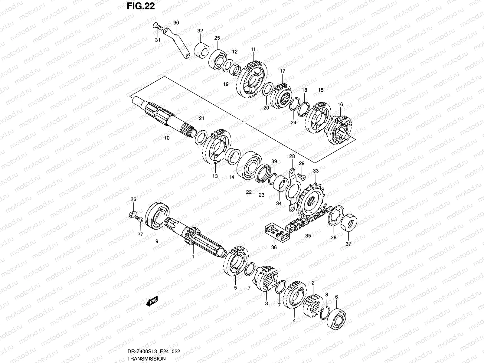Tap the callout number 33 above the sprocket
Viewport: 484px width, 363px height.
click(316, 171)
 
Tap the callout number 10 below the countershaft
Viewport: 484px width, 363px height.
click(167, 138)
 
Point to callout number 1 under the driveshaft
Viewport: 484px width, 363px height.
click(193, 257)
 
